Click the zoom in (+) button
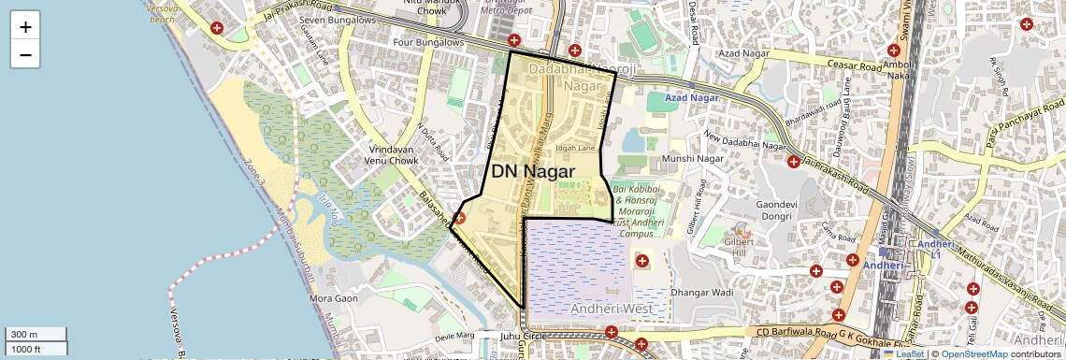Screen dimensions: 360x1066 (x=25, y=27)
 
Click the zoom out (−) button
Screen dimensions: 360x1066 (x=25, y=54)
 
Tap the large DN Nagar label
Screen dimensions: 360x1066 (x=533, y=171)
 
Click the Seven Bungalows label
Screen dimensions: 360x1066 (x=337, y=20)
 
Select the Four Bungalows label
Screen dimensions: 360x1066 (x=429, y=42)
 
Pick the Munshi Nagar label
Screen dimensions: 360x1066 (x=693, y=159)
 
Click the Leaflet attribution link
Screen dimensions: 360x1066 (x=904, y=353)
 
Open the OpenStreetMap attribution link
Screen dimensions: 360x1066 (x=974, y=353)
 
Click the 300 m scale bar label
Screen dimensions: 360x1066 (x=25, y=335)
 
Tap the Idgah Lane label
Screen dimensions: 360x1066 (x=575, y=148)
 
